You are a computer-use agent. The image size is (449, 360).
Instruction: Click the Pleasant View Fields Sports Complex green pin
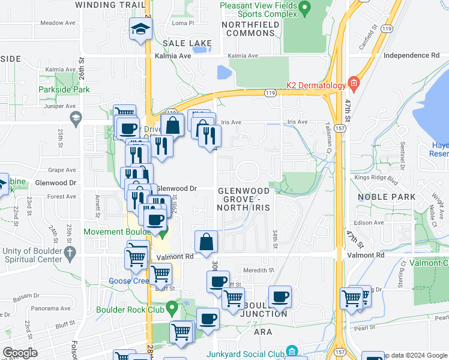click(304, 8)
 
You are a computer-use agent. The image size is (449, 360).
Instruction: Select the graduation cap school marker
click(140, 29)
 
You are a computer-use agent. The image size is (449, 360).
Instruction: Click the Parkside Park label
click(64, 89)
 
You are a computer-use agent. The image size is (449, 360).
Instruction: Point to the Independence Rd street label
click(411, 55)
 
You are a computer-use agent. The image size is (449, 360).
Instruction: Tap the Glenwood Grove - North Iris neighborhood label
click(244, 199)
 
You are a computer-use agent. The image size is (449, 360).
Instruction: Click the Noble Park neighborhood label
click(387, 197)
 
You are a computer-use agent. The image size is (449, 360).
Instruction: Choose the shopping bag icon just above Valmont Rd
click(206, 242)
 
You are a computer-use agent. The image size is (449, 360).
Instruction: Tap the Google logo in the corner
click(19, 353)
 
